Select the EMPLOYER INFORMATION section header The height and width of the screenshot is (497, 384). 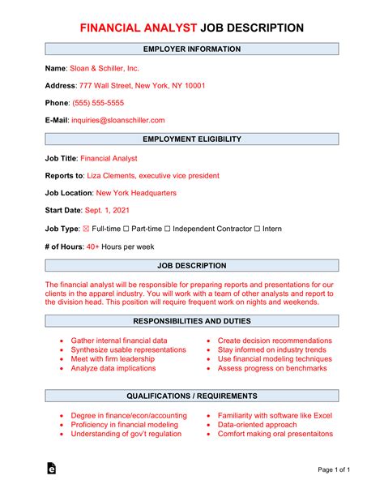(x=191, y=49)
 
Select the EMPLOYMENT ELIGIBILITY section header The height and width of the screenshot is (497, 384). (x=191, y=139)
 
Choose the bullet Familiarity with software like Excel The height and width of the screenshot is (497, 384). (x=274, y=415)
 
